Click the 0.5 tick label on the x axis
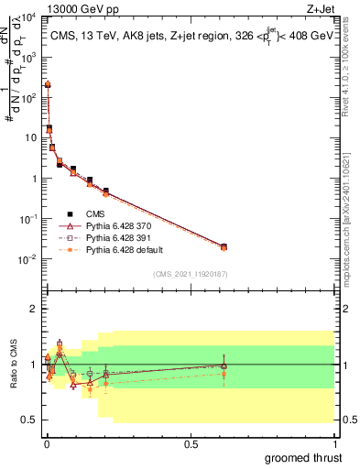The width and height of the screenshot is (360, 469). pos(191,442)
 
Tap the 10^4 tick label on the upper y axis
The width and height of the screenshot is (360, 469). pos(28,17)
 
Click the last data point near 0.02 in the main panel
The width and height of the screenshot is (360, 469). pos(224,246)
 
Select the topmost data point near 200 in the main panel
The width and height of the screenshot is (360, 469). pos(48,84)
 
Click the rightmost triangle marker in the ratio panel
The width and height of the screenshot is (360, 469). pos(224,365)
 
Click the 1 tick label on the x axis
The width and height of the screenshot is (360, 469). pos(335,442)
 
